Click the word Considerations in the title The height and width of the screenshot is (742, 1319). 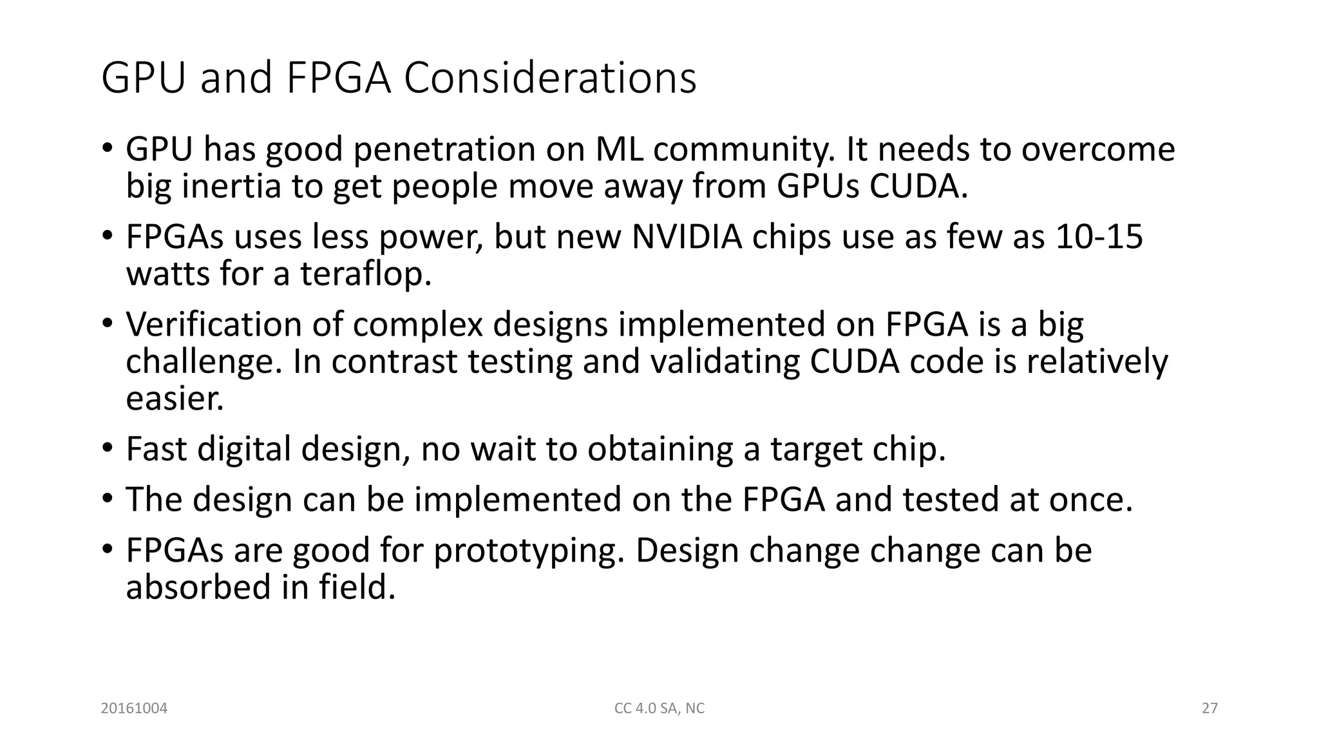point(550,78)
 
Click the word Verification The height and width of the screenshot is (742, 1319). point(214,324)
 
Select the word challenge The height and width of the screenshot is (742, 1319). point(204,361)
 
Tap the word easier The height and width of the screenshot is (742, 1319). point(175,399)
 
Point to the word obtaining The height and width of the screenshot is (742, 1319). point(659,449)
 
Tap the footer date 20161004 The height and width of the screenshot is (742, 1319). point(134,709)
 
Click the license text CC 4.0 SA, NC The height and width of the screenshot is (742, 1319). point(659,709)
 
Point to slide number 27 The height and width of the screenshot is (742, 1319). point(1210,709)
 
